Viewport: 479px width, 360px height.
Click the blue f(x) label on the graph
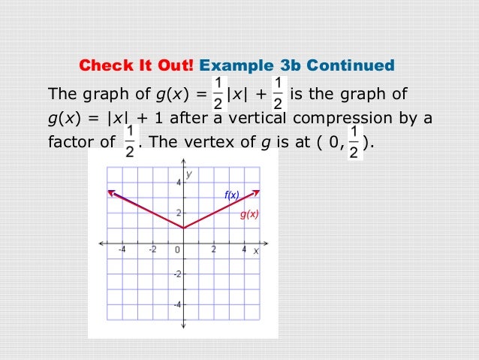(231, 195)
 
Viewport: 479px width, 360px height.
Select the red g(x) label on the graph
(249, 214)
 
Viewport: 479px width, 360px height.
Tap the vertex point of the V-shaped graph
(183, 228)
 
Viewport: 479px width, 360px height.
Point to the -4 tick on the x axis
(122, 250)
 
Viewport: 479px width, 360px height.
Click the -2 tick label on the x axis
(152, 250)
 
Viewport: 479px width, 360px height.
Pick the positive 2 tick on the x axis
(214, 250)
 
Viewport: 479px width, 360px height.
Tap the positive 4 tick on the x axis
(244, 250)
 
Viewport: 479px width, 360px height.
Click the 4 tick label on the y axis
(178, 183)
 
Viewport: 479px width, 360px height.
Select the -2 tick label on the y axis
(176, 274)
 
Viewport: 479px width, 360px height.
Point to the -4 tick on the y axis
(176, 305)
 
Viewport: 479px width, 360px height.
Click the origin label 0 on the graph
(177, 250)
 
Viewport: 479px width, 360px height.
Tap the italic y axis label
(189, 174)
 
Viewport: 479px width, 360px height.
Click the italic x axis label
(255, 251)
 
